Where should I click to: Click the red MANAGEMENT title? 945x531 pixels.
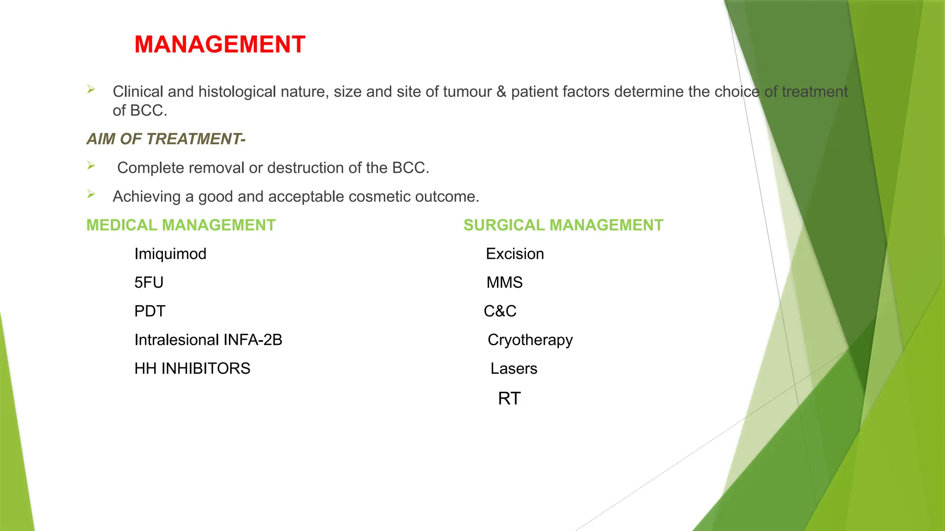pos(220,45)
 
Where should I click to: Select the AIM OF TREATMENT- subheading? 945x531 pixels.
pos(166,139)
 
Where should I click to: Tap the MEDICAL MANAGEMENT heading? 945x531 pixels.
pos(181,225)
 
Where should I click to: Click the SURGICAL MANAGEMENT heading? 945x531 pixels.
pos(563,225)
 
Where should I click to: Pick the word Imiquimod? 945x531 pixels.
pos(170,254)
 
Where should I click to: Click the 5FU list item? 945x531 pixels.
pos(149,283)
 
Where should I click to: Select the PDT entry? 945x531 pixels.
pos(150,311)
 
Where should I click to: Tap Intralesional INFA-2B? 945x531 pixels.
pos(208,340)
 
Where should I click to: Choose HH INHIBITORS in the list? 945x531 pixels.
pos(192,369)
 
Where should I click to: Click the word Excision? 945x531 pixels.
pos(515,254)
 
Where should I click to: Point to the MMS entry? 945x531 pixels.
pos(504,283)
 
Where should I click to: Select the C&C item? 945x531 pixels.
pos(500,311)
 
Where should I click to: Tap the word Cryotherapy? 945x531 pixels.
pos(530,340)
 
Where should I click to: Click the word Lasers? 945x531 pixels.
pos(514,369)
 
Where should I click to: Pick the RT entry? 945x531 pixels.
pos(509,398)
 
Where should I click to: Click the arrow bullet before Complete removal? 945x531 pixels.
pos(91,165)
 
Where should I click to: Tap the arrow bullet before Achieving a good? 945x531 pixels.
pos(91,195)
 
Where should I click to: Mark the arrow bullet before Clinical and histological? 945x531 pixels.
pos(91,89)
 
